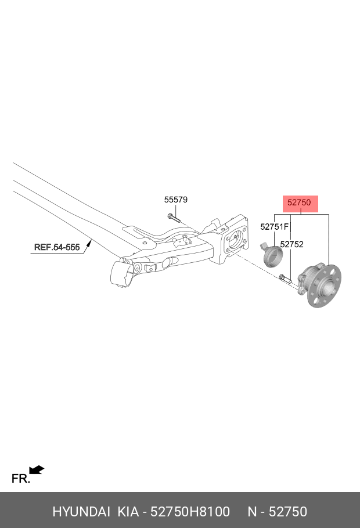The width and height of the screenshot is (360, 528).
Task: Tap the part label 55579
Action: (175, 200)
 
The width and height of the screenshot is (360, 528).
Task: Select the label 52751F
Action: (275, 227)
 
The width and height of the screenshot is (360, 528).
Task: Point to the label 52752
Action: (292, 244)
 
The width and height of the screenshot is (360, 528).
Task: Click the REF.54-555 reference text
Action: (57, 247)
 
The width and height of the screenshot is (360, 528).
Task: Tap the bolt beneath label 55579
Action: (174, 218)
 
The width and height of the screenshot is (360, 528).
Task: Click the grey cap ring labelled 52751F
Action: (272, 255)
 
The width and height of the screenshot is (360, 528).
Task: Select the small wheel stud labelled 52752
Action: (285, 279)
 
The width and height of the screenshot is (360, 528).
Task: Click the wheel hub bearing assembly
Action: (319, 285)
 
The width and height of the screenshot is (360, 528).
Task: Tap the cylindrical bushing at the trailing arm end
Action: (123, 273)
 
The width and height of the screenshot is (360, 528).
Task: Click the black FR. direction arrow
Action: (37, 470)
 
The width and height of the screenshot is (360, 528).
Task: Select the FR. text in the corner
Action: (20, 479)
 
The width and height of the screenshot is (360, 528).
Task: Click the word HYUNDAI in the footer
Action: (81, 512)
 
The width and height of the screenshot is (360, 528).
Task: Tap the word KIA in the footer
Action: (128, 512)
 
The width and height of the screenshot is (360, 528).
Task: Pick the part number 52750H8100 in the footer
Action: (190, 512)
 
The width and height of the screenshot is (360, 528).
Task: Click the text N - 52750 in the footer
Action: (278, 512)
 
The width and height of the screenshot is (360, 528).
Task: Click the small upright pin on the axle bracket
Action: (185, 238)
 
